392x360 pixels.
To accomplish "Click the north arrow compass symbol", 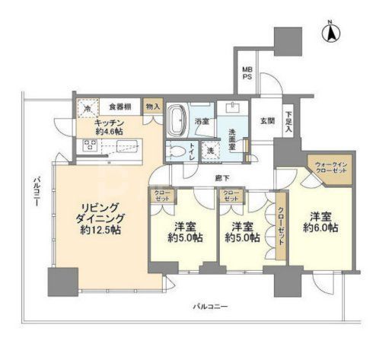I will pyautogui.click(x=333, y=33).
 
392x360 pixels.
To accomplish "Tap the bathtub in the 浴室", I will pyautogui.click(x=179, y=120).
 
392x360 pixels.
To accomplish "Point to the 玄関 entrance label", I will pyautogui.click(x=267, y=120).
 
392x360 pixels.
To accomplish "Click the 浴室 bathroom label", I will pyautogui.click(x=202, y=120).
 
